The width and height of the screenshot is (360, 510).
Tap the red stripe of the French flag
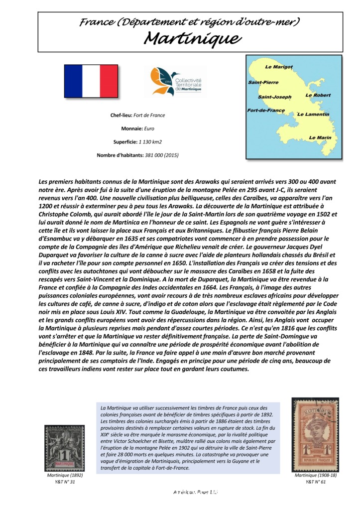(x=109, y=81)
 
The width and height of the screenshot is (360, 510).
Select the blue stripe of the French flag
(x=73, y=81)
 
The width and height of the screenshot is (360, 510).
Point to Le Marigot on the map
(x=279, y=67)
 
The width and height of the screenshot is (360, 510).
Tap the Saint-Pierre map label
(x=263, y=82)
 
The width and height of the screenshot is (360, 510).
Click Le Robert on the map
(x=318, y=95)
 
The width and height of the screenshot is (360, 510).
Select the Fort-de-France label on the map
(x=266, y=111)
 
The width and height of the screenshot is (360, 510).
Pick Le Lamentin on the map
(x=313, y=115)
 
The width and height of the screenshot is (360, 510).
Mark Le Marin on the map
(x=320, y=137)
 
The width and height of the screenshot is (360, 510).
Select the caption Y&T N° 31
(x=65, y=482)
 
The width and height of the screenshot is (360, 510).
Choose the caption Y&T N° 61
(x=315, y=482)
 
